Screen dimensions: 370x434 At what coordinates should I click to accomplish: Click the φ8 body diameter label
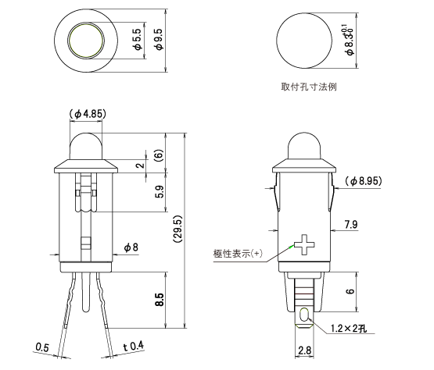[x=131, y=247]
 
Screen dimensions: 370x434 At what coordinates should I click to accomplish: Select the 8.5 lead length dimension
[x=159, y=300]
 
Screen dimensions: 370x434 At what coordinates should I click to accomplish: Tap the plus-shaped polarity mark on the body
[x=304, y=247]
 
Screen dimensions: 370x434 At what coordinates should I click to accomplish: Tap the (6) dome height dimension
[x=159, y=155]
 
